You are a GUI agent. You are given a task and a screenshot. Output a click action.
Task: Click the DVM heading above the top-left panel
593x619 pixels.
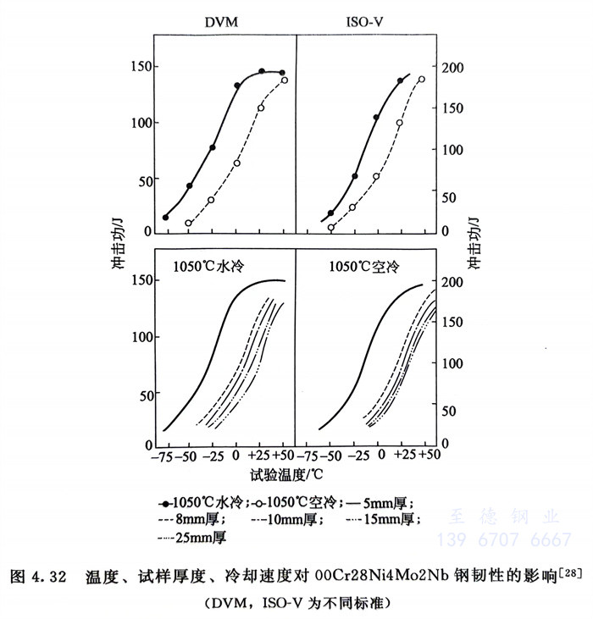pyautogui.click(x=221, y=22)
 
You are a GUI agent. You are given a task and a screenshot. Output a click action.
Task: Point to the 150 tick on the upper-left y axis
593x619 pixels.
pyautogui.click(x=136, y=67)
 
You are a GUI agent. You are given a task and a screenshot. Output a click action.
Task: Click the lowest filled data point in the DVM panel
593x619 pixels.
pyautogui.click(x=165, y=218)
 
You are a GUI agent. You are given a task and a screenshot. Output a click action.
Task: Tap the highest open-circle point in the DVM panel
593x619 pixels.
pyautogui.click(x=285, y=80)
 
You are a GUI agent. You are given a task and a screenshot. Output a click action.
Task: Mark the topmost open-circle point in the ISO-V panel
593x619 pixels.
pyautogui.click(x=421, y=80)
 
